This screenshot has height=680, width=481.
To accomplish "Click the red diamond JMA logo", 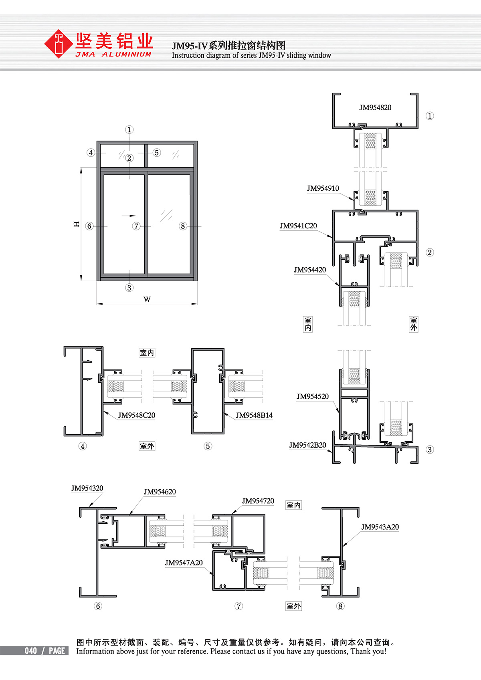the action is click(x=58, y=44).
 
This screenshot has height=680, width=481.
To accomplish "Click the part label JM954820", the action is click(x=375, y=107).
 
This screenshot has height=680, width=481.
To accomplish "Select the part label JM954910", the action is click(x=323, y=188).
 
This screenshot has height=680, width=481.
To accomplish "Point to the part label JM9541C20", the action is click(x=298, y=226).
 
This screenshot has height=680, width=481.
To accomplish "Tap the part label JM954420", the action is click(x=310, y=270).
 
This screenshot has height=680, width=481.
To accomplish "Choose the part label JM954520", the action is click(x=313, y=396).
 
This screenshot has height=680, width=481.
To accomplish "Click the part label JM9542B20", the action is click(x=307, y=445).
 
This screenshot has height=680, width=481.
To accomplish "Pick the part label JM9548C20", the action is click(x=136, y=415).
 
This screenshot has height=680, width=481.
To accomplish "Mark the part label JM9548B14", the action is click(x=254, y=415).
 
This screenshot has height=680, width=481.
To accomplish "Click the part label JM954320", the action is click(x=87, y=488).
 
